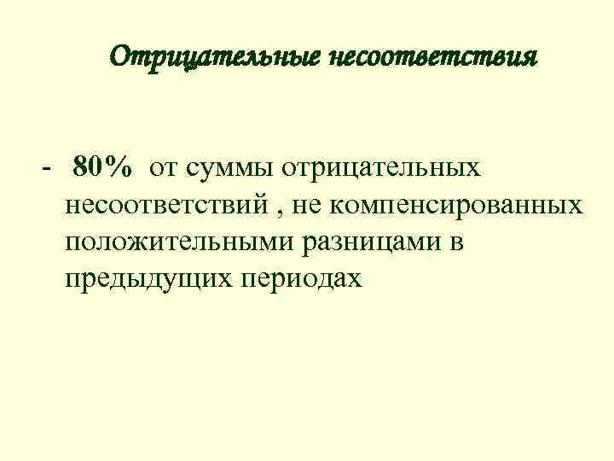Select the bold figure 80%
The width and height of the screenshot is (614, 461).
click(102, 167)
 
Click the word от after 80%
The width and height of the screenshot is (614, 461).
click(164, 168)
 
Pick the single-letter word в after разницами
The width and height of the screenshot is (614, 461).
click(455, 243)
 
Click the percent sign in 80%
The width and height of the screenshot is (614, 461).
click(119, 167)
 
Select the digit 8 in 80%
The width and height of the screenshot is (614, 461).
click(81, 167)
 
